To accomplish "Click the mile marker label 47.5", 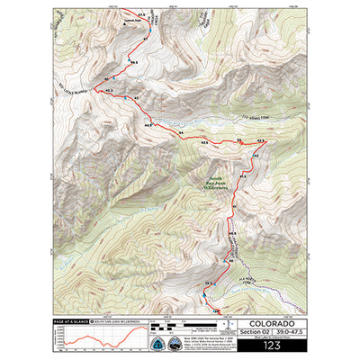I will coord(141,15).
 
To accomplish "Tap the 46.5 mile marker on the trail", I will coord(133,63).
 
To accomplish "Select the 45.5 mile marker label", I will coord(109,91).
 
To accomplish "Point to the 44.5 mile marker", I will coord(148,126).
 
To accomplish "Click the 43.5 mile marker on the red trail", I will coord(204,142).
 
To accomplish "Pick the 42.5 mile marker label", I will coord(262,141).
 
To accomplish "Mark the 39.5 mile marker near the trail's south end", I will coord(208,285).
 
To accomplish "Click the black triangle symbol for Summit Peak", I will coord(122,25).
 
